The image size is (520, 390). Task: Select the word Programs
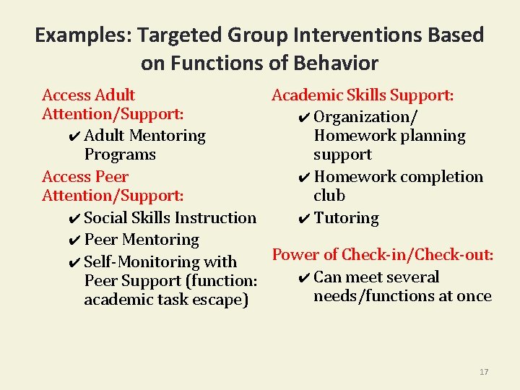coord(120,155)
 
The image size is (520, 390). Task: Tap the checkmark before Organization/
coord(303,118)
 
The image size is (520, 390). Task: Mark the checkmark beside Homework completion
coord(303,177)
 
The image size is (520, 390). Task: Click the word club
coord(329,196)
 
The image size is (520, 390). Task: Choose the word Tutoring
coord(346,218)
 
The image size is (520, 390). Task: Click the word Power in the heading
coord(295,255)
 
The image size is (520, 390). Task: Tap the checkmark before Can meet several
coord(303,278)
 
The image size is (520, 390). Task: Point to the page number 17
coord(484,372)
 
